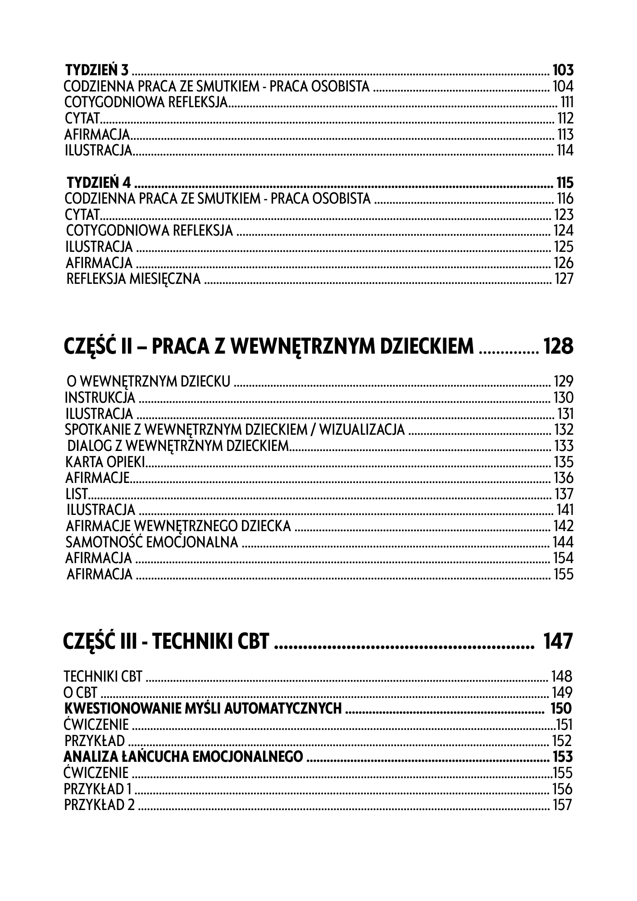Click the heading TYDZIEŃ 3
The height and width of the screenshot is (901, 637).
click(x=97, y=70)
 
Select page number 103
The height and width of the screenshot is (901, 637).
click(x=563, y=70)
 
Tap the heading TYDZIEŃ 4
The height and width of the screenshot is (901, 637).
click(x=99, y=183)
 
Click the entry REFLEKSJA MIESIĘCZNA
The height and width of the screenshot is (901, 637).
click(x=133, y=279)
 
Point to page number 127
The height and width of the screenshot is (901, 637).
click(x=564, y=279)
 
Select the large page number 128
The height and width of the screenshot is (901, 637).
click(x=558, y=346)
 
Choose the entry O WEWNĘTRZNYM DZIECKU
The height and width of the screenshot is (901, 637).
click(x=148, y=382)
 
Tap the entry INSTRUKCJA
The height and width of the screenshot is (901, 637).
click(x=100, y=398)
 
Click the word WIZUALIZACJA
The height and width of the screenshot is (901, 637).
click(x=362, y=430)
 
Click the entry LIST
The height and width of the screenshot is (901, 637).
click(x=76, y=494)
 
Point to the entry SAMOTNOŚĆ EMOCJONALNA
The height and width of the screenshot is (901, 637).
click(x=152, y=542)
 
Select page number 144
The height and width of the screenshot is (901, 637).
click(x=563, y=542)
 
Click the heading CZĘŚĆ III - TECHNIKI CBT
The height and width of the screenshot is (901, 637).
click(x=167, y=642)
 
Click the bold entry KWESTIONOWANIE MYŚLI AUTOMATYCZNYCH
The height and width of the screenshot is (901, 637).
click(x=203, y=709)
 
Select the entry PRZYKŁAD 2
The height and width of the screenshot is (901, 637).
click(x=100, y=805)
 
